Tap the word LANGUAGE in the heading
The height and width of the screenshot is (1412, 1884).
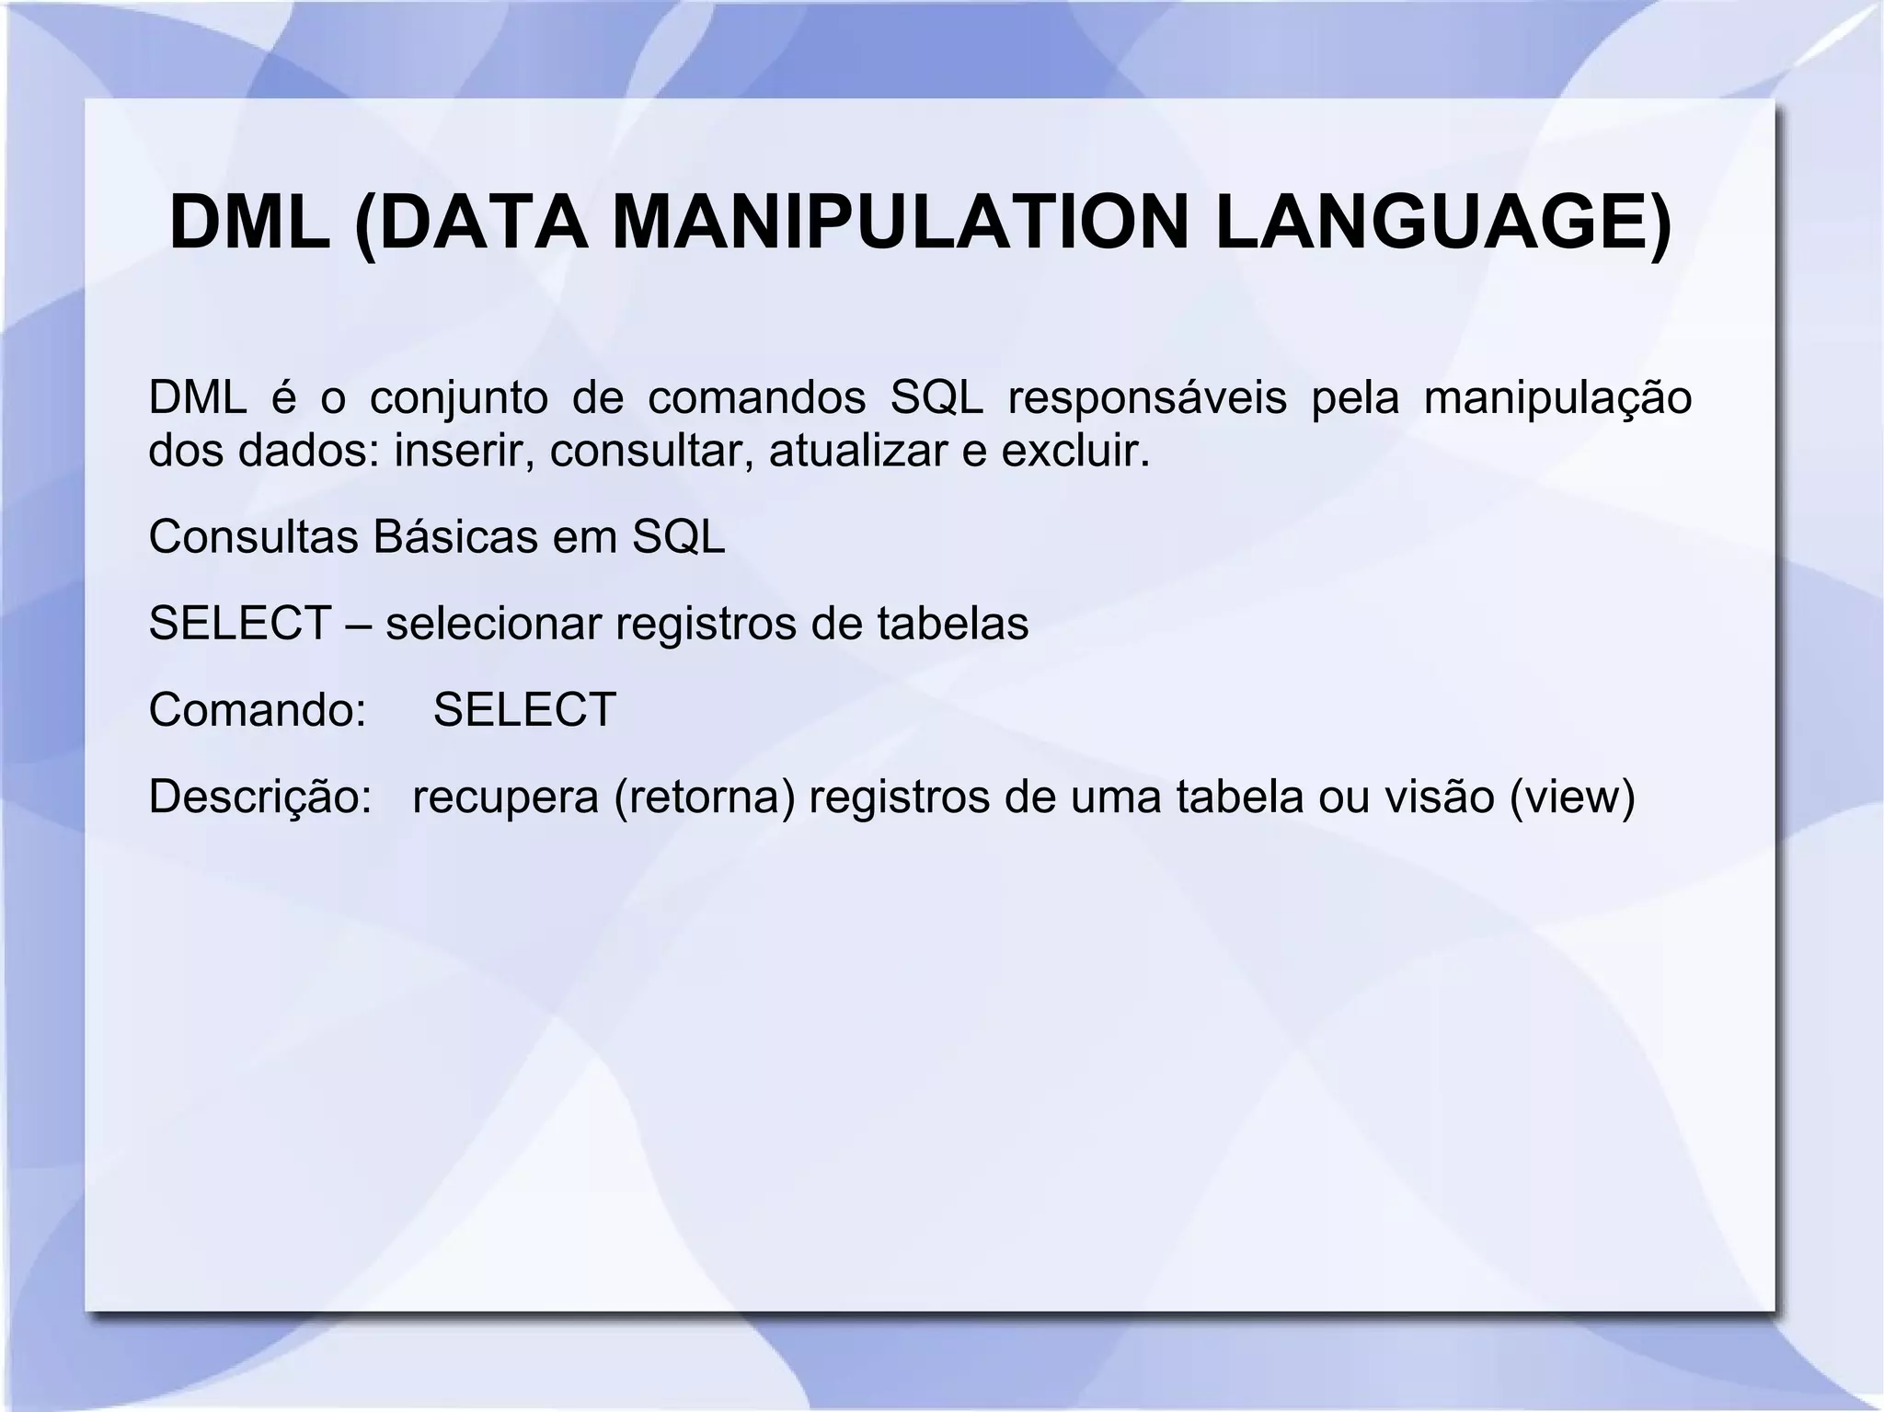click(x=1430, y=223)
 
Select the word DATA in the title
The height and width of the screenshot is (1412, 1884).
click(x=483, y=223)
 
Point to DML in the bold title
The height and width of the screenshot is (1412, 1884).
click(x=250, y=223)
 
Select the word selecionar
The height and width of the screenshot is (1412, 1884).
click(x=493, y=624)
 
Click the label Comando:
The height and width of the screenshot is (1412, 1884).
click(x=258, y=710)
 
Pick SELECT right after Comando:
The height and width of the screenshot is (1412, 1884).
click(x=524, y=710)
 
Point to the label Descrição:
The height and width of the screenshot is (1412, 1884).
click(x=259, y=797)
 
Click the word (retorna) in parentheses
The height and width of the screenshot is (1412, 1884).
click(x=705, y=797)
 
